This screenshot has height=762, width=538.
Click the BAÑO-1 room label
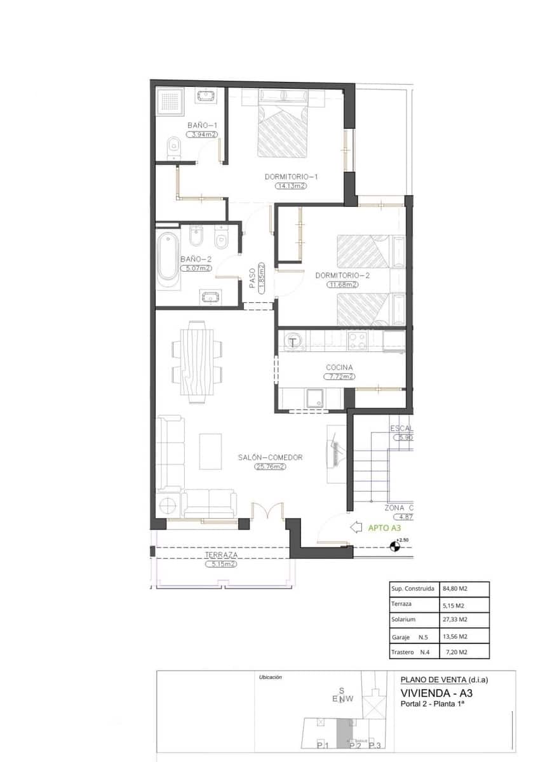coord(202,126)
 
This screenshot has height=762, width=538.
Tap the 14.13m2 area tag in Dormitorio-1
coord(291,186)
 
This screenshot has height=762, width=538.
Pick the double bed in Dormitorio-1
coord(283,126)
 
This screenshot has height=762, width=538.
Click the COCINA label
coord(339,368)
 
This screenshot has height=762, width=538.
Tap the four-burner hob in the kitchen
coord(358,341)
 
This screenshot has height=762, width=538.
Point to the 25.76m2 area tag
coord(270,467)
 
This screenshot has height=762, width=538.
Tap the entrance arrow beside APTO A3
coord(357,527)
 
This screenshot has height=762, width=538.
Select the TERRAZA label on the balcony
coord(220,554)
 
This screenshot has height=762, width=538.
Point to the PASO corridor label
coord(252,278)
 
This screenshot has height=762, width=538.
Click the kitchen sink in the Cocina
coord(314,399)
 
